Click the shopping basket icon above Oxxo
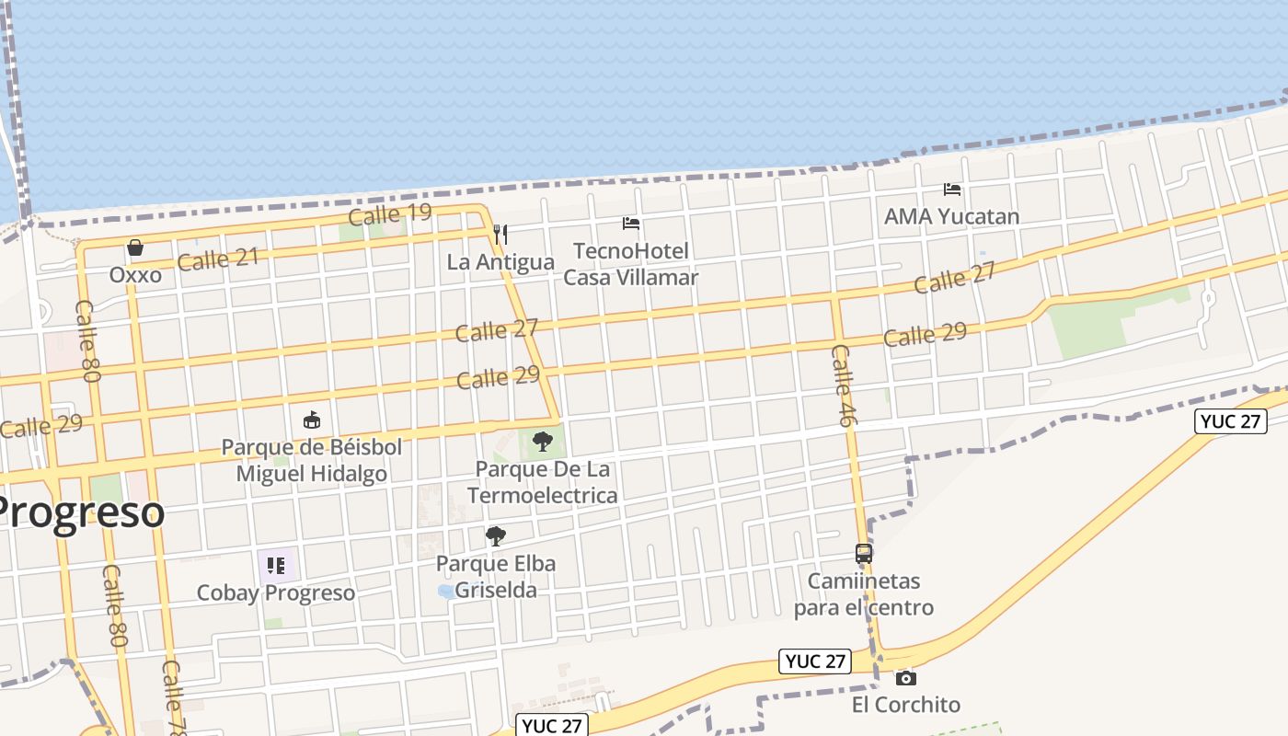(135, 247)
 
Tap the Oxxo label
(135, 275)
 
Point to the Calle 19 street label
(390, 214)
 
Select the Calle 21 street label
(218, 259)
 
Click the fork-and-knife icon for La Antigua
(500, 235)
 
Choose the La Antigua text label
(500, 262)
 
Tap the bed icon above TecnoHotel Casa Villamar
(630, 224)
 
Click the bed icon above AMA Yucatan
(952, 190)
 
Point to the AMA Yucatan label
(951, 217)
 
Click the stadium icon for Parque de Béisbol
(312, 420)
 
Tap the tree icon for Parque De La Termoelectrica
(543, 441)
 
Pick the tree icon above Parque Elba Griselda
(496, 535)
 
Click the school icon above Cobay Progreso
(276, 565)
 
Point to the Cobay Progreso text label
(276, 592)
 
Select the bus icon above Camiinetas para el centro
(864, 554)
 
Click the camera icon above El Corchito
(906, 678)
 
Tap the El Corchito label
(906, 706)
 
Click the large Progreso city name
(81, 512)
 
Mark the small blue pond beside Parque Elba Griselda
(446, 592)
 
